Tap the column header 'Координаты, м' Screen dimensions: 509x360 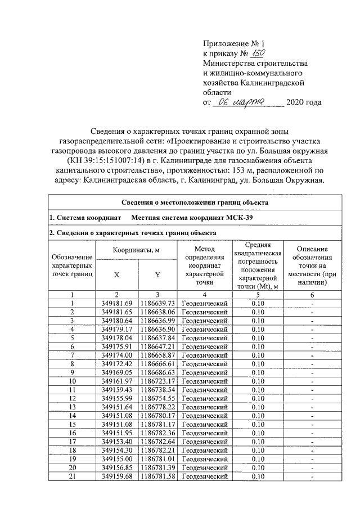tap(137, 249)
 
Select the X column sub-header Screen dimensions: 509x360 tap(116, 274)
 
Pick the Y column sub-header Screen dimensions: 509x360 tap(158, 274)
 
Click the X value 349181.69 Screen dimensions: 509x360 tap(116, 303)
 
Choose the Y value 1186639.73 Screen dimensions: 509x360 tap(158, 303)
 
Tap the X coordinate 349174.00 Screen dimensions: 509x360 tap(116, 355)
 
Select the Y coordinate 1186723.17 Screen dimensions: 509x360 tap(158, 381)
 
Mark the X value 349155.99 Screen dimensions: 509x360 tap(116, 399)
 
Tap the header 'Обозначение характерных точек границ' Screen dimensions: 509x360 tap(72, 265)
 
